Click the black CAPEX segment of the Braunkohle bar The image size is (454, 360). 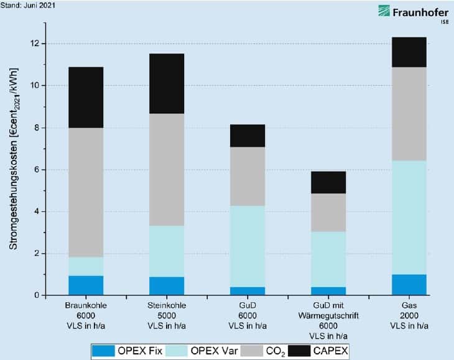[86, 97]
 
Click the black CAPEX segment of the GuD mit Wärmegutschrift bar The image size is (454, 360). [328, 182]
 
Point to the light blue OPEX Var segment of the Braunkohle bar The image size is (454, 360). [86, 266]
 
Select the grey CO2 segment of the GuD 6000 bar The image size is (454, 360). [248, 176]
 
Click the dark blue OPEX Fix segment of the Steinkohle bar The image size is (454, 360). [166, 285]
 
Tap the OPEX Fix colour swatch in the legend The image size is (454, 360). [108, 351]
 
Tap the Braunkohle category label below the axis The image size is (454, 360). [86, 307]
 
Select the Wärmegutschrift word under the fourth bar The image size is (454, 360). [328, 315]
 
